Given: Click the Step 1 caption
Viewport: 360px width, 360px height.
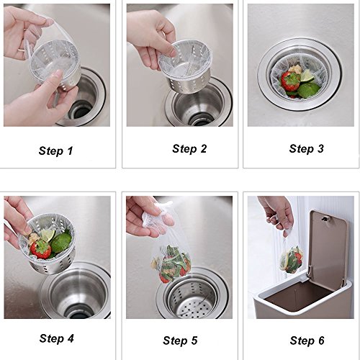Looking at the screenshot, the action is point(55,151).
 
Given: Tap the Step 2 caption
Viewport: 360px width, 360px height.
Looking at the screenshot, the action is point(189,149).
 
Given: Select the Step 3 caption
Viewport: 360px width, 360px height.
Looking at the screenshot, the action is point(307,149).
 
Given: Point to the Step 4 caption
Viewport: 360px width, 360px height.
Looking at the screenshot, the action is point(57,338).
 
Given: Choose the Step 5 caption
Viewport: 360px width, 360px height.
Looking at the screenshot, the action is point(180,341).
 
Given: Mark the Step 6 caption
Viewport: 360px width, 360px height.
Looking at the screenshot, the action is point(307,341).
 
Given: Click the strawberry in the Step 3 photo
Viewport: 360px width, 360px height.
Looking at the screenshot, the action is point(291,81).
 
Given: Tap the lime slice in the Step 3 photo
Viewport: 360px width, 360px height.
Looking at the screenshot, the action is point(307,75).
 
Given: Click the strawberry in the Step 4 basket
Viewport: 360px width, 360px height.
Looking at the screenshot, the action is point(41,249).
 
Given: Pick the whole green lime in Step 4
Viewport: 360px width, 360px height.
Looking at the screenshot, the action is point(61,243).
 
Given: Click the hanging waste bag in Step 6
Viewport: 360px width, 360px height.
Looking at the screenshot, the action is point(292,259).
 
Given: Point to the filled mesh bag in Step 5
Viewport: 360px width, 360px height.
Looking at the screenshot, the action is point(171,263).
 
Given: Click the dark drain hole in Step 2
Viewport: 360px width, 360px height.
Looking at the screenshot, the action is point(200,120).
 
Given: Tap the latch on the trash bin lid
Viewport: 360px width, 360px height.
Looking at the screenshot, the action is point(326,219).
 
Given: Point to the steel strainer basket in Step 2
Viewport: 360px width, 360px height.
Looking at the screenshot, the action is point(185,67).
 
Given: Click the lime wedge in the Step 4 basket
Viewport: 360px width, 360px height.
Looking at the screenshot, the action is point(48,235).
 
